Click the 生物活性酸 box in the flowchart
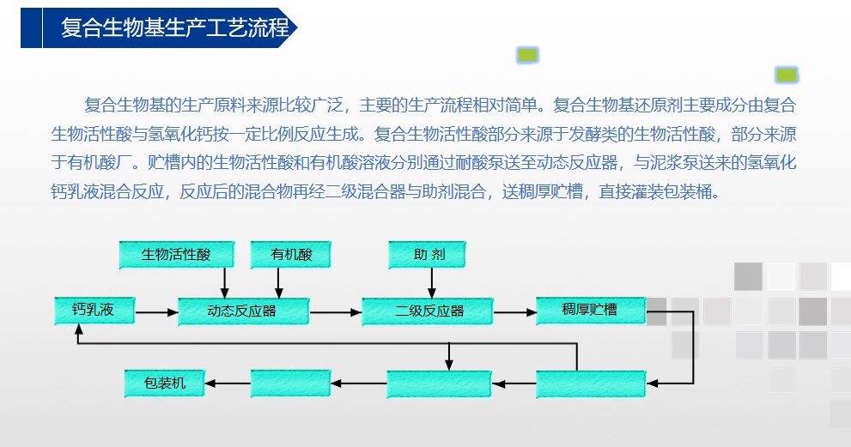coord(177,255)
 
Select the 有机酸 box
coord(291,255)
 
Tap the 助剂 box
coord(427,255)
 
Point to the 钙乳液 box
coord(94,311)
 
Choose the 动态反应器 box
coord(244,311)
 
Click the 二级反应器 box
coord(427,311)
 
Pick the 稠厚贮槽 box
coord(591,311)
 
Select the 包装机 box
coord(165,384)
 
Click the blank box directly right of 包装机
coord(291,384)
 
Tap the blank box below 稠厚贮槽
coord(591,384)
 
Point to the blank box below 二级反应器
coord(439,384)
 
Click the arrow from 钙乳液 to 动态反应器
coord(157,312)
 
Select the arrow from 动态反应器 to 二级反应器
coord(336,312)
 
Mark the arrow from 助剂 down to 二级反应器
coord(432,283)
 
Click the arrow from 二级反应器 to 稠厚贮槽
coord(515,312)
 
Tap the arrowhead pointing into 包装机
coord(210,384)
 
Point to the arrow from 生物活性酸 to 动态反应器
coord(225,283)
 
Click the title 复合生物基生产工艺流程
coord(175,27)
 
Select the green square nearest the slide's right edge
coord(787,75)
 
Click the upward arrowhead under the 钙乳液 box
coord(79,329)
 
